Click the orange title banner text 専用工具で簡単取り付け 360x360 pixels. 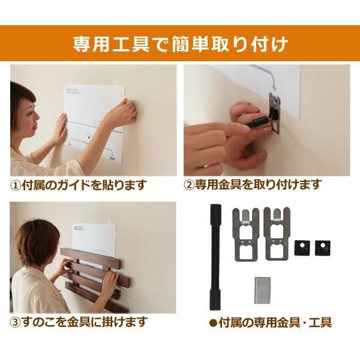click(180, 44)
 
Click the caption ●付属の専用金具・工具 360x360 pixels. click(270, 323)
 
